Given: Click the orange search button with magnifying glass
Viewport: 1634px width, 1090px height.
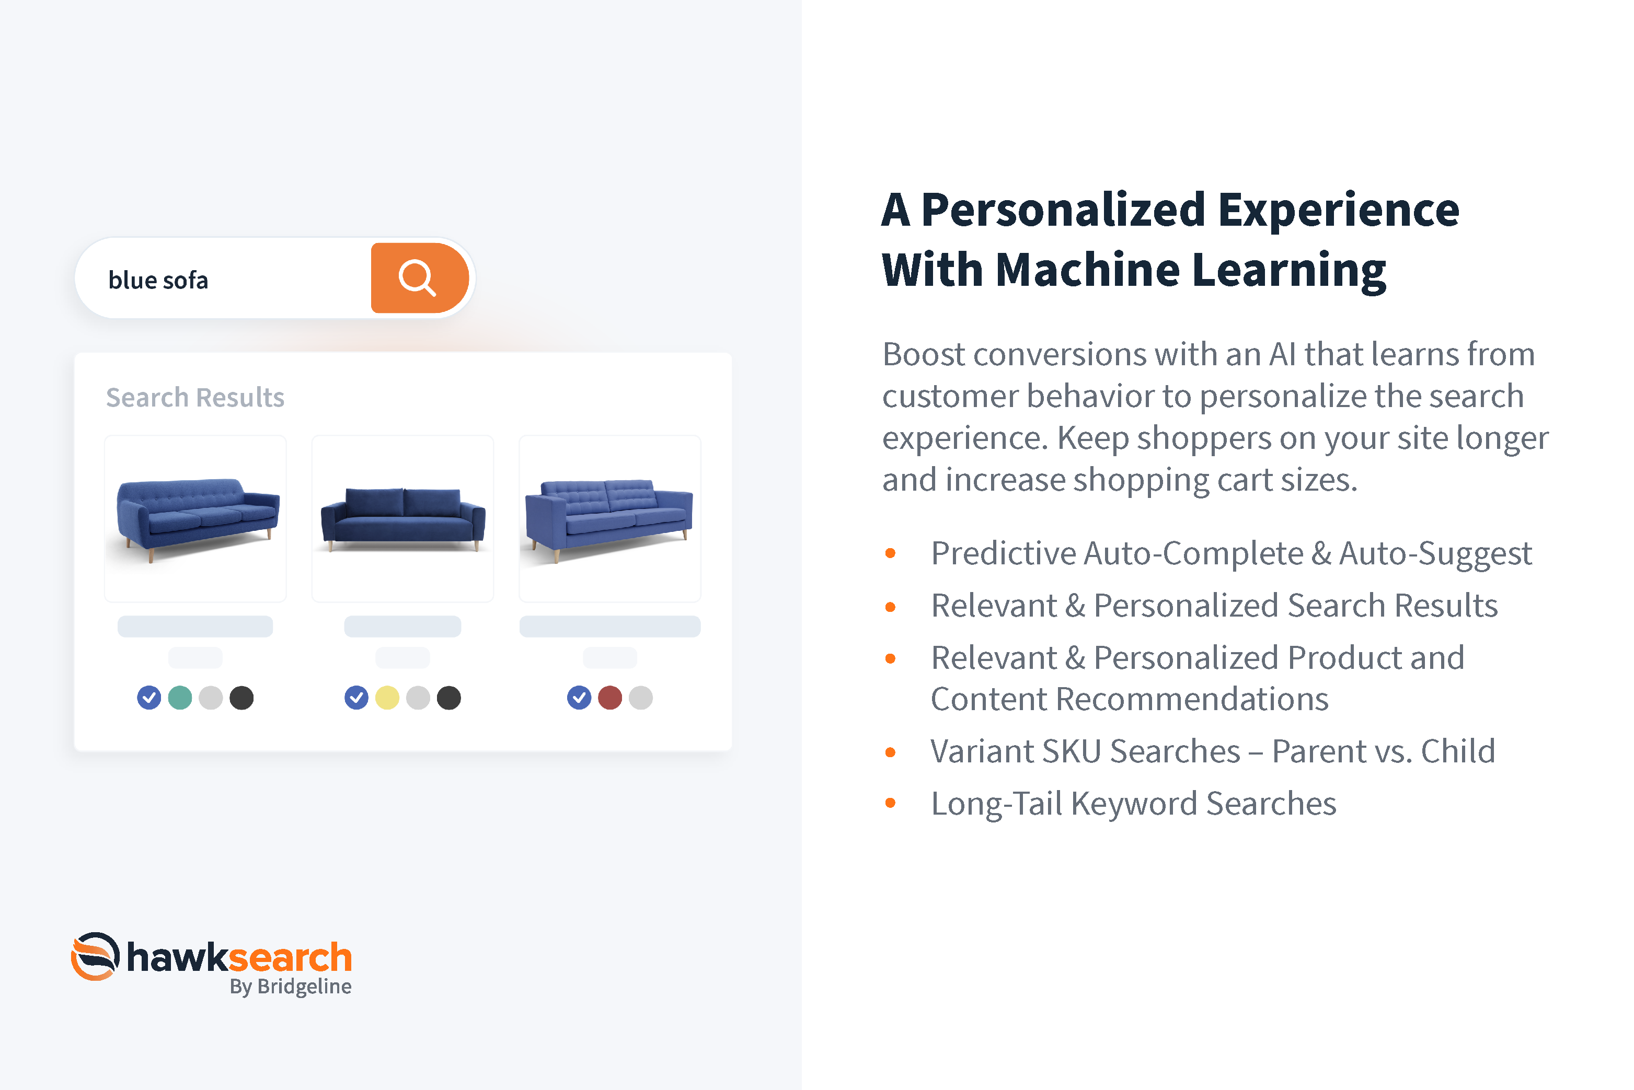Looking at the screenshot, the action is tap(419, 278).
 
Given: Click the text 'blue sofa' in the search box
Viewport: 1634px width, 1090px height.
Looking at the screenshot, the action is tap(158, 280).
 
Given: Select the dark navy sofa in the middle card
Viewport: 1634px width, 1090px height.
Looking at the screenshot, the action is tap(402, 520).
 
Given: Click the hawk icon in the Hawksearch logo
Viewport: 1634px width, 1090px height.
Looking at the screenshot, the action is tap(95, 957).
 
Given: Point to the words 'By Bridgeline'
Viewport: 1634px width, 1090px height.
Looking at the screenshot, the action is tap(291, 987).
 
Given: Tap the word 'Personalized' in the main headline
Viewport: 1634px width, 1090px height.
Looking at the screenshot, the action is tap(1063, 210).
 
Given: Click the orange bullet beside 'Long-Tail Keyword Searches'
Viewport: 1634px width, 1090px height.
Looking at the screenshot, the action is tap(890, 803).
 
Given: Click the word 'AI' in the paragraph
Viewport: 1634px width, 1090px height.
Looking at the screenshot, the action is tap(1282, 354).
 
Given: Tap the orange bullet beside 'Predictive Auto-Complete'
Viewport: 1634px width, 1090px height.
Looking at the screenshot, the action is tap(890, 553).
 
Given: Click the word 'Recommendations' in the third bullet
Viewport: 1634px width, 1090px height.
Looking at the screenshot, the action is tap(1130, 699).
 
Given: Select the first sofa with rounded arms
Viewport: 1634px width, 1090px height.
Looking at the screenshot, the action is tap(198, 518).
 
